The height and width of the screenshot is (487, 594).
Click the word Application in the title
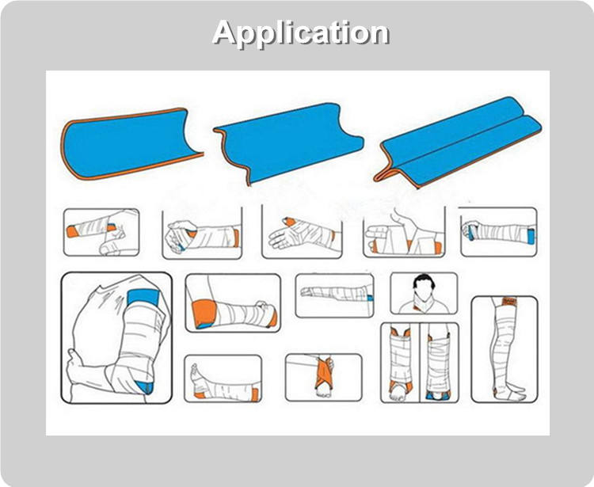(x=301, y=33)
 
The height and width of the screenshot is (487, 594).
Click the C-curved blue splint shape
(x=129, y=144)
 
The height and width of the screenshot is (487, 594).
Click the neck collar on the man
(x=424, y=299)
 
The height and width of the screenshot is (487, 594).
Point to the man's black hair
(x=424, y=280)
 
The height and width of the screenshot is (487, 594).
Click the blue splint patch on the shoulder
(x=143, y=297)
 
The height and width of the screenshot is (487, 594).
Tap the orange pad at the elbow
(x=204, y=313)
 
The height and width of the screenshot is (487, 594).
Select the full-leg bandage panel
(x=505, y=349)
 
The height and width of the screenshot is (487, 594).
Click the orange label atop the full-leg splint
(x=507, y=302)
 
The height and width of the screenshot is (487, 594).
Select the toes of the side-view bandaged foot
(x=194, y=370)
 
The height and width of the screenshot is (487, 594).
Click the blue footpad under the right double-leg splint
(x=438, y=396)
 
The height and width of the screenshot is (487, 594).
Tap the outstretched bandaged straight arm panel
(x=334, y=295)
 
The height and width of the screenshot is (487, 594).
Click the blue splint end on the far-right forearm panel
(x=531, y=234)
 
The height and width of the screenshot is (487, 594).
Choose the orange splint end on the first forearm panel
(x=71, y=231)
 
